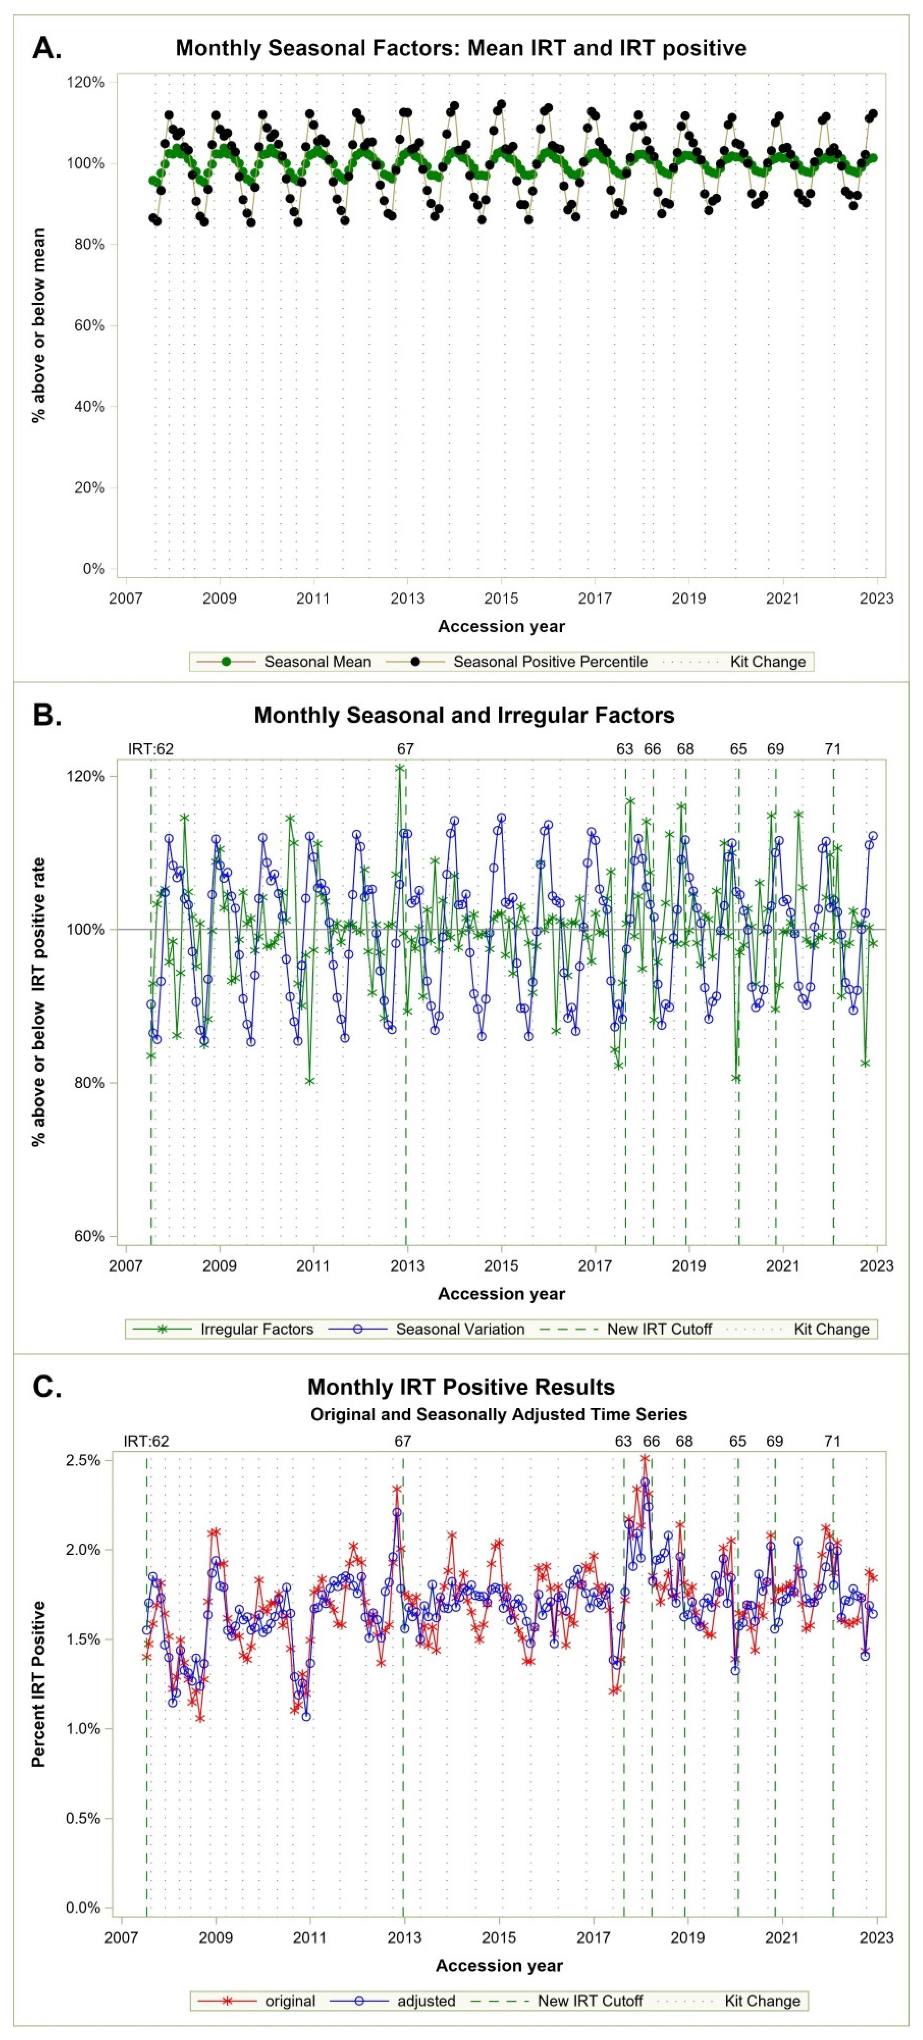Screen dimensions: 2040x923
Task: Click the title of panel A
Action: click(461, 48)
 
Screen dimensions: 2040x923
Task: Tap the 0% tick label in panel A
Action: click(93, 569)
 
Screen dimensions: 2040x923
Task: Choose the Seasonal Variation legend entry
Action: click(459, 1329)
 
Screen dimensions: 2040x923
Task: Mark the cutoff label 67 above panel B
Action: click(405, 748)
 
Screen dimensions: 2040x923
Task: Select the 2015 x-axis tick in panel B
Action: click(501, 1265)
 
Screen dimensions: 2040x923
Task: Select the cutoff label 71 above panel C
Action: click(832, 1440)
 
